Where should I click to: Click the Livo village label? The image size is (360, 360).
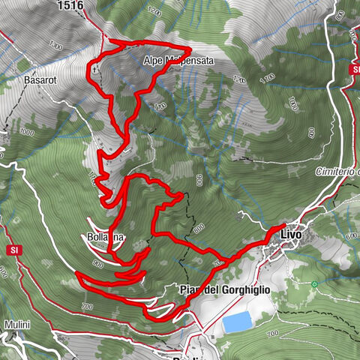click(290, 235)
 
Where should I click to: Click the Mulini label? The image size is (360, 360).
click(17, 325)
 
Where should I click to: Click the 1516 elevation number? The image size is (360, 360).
click(70, 5)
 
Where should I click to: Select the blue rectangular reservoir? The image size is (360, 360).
click(236, 323)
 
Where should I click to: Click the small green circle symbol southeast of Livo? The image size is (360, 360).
click(314, 284)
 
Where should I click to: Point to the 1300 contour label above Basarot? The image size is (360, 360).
click(55, 46)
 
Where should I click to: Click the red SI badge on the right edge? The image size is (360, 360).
click(354, 70)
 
